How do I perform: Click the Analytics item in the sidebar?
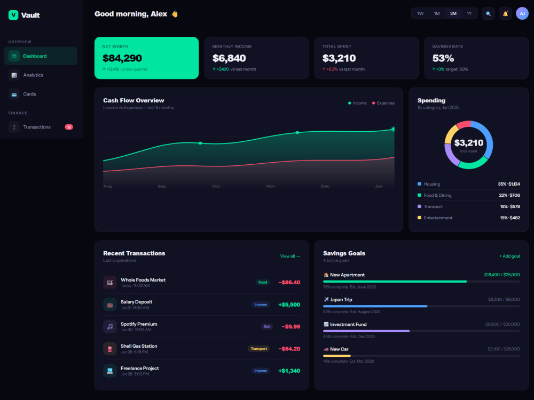33,75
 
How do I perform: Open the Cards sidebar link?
29,94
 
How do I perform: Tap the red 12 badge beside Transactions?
69,127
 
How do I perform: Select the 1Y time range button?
469,14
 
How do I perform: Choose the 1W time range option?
420,14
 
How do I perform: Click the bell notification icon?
505,14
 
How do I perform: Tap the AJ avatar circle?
522,14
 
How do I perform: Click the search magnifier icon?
488,14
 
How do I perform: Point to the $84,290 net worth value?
122,58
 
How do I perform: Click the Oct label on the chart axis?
216,186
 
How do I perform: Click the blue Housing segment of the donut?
487,135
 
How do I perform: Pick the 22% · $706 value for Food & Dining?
509,195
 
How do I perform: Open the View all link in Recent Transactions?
290,256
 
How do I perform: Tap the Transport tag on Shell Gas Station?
259,349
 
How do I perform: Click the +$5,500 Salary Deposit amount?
289,305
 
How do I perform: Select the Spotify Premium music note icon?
109,326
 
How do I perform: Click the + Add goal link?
509,256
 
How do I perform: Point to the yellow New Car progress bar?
337,356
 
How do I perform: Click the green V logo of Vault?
13,15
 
